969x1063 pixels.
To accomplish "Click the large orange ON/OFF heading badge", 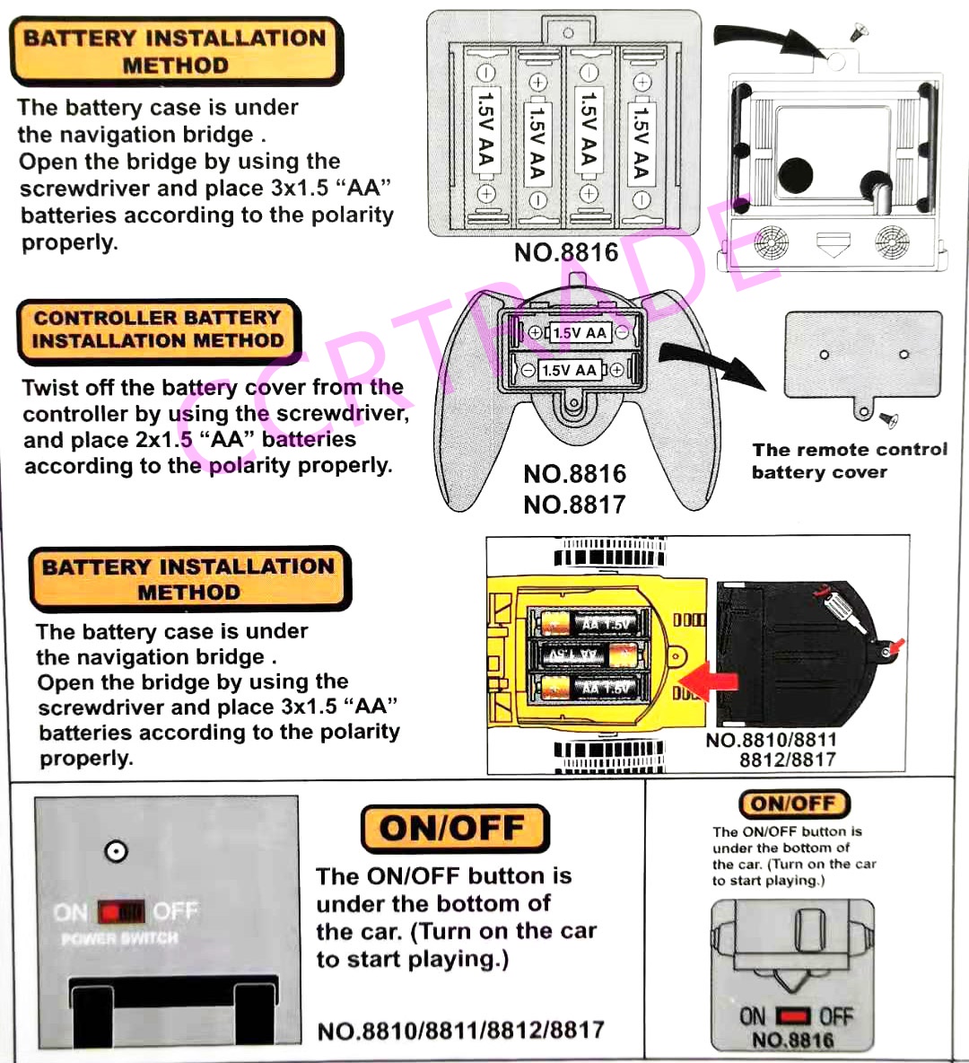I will pyautogui.click(x=454, y=828).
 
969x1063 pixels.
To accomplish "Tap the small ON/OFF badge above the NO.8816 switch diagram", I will pyautogui.click(x=793, y=804).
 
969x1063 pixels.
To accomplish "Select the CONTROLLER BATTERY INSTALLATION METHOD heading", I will pyautogui.click(x=158, y=329).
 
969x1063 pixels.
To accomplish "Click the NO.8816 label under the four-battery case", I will pyautogui.click(x=566, y=252).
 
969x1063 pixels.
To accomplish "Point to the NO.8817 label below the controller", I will pyautogui.click(x=574, y=505).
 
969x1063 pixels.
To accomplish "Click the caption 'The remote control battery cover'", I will pyautogui.click(x=849, y=461).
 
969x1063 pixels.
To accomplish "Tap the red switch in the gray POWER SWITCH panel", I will pyautogui.click(x=121, y=913).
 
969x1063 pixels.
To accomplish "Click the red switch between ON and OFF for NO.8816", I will pyautogui.click(x=792, y=1016).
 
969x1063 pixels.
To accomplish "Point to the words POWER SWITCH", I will pyautogui.click(x=119, y=939).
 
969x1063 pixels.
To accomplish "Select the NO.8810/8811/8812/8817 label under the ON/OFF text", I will pyautogui.click(x=461, y=1030).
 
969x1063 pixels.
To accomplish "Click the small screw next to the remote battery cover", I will pyautogui.click(x=888, y=419).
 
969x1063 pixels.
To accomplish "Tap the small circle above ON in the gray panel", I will pyautogui.click(x=116, y=851).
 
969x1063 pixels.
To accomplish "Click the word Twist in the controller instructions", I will pyautogui.click(x=52, y=388).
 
